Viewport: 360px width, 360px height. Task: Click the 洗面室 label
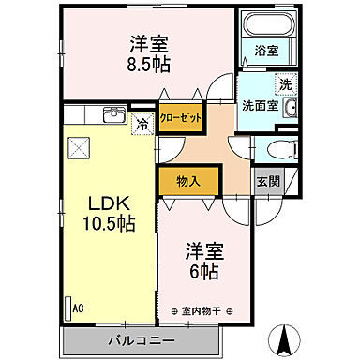pyautogui.click(x=258, y=105)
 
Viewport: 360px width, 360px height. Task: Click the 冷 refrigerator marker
pyautogui.click(x=142, y=121)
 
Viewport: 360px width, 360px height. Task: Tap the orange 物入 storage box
pyautogui.click(x=188, y=180)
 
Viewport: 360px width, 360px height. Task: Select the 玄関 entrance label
pyautogui.click(x=267, y=181)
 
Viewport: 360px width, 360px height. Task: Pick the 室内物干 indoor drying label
pyautogui.click(x=204, y=311)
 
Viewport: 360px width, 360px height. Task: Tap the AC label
pyautogui.click(x=80, y=307)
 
